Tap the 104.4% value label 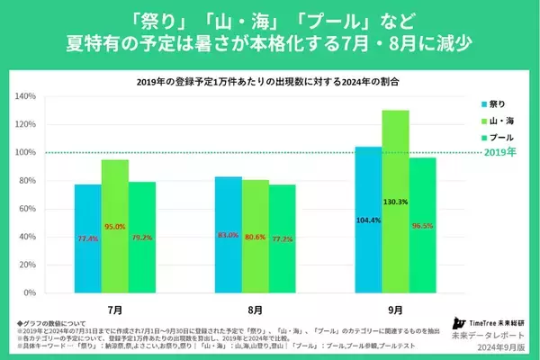click(369, 219)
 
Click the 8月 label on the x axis click(256, 306)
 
